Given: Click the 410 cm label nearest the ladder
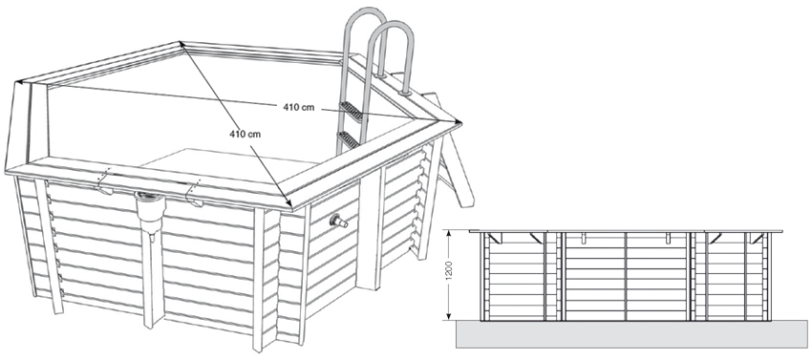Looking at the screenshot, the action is [299, 106].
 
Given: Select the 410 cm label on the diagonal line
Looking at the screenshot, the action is [246, 135].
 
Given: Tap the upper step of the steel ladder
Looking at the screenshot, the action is [352, 112].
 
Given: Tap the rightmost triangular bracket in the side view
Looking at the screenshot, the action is [759, 240].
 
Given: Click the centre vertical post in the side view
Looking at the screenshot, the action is [625, 277].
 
